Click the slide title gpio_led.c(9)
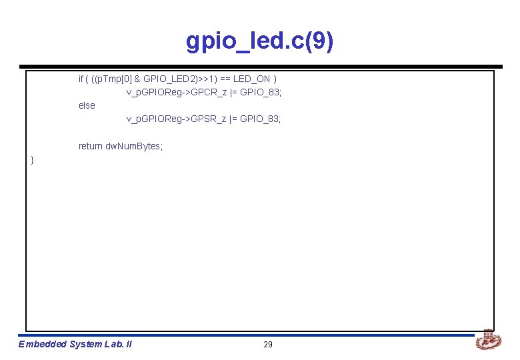[x=260, y=41]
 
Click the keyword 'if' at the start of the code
[x=81, y=79]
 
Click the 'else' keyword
[x=87, y=105]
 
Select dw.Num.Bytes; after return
[x=134, y=146]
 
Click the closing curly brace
[x=32, y=159]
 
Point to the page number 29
[x=268, y=345]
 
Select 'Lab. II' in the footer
[x=118, y=345]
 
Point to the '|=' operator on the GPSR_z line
[x=233, y=119]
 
